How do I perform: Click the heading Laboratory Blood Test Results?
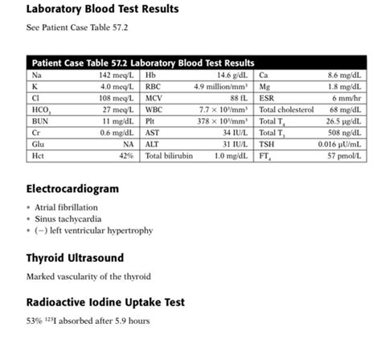(102, 10)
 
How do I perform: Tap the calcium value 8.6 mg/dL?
(348, 75)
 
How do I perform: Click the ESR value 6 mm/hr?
(352, 97)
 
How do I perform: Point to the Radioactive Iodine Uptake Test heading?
(105, 302)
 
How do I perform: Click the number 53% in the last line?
(34, 322)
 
